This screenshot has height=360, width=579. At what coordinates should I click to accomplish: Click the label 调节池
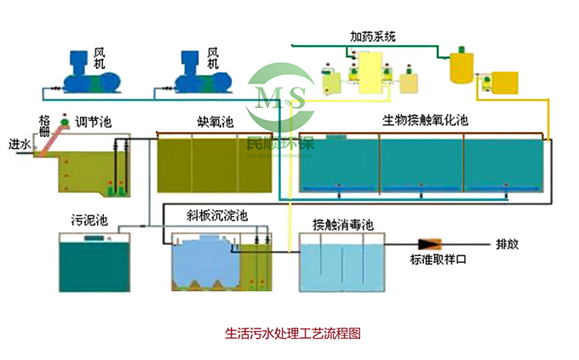[94, 123]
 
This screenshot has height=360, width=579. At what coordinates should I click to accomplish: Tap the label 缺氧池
[215, 123]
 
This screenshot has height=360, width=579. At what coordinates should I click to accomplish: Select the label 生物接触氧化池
[424, 122]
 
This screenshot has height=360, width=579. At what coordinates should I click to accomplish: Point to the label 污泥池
[89, 220]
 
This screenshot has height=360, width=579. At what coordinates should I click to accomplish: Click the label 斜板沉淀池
[216, 216]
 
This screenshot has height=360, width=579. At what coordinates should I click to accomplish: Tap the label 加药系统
[373, 37]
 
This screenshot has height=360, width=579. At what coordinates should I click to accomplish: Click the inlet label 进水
[20, 144]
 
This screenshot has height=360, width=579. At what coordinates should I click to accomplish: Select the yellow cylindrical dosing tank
[462, 66]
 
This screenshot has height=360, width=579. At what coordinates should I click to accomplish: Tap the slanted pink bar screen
[54, 135]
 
